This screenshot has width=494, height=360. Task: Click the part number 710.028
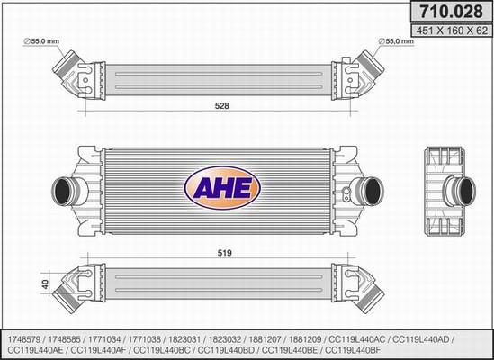click(452, 12)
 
